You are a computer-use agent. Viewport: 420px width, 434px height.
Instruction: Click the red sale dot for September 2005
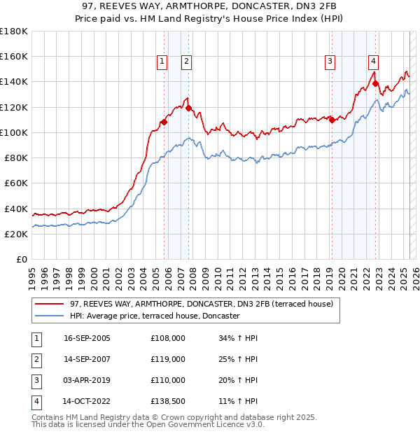point(164,122)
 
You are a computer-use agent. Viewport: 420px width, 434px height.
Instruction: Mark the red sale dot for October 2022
point(376,83)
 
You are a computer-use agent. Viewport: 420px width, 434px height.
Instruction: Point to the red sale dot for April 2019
point(332,120)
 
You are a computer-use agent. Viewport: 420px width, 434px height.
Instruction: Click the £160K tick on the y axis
point(15,56)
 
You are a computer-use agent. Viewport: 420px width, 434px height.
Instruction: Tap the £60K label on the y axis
point(17,183)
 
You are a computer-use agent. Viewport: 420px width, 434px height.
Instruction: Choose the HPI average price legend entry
point(154,316)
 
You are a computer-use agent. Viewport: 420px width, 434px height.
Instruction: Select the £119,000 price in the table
point(168,359)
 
